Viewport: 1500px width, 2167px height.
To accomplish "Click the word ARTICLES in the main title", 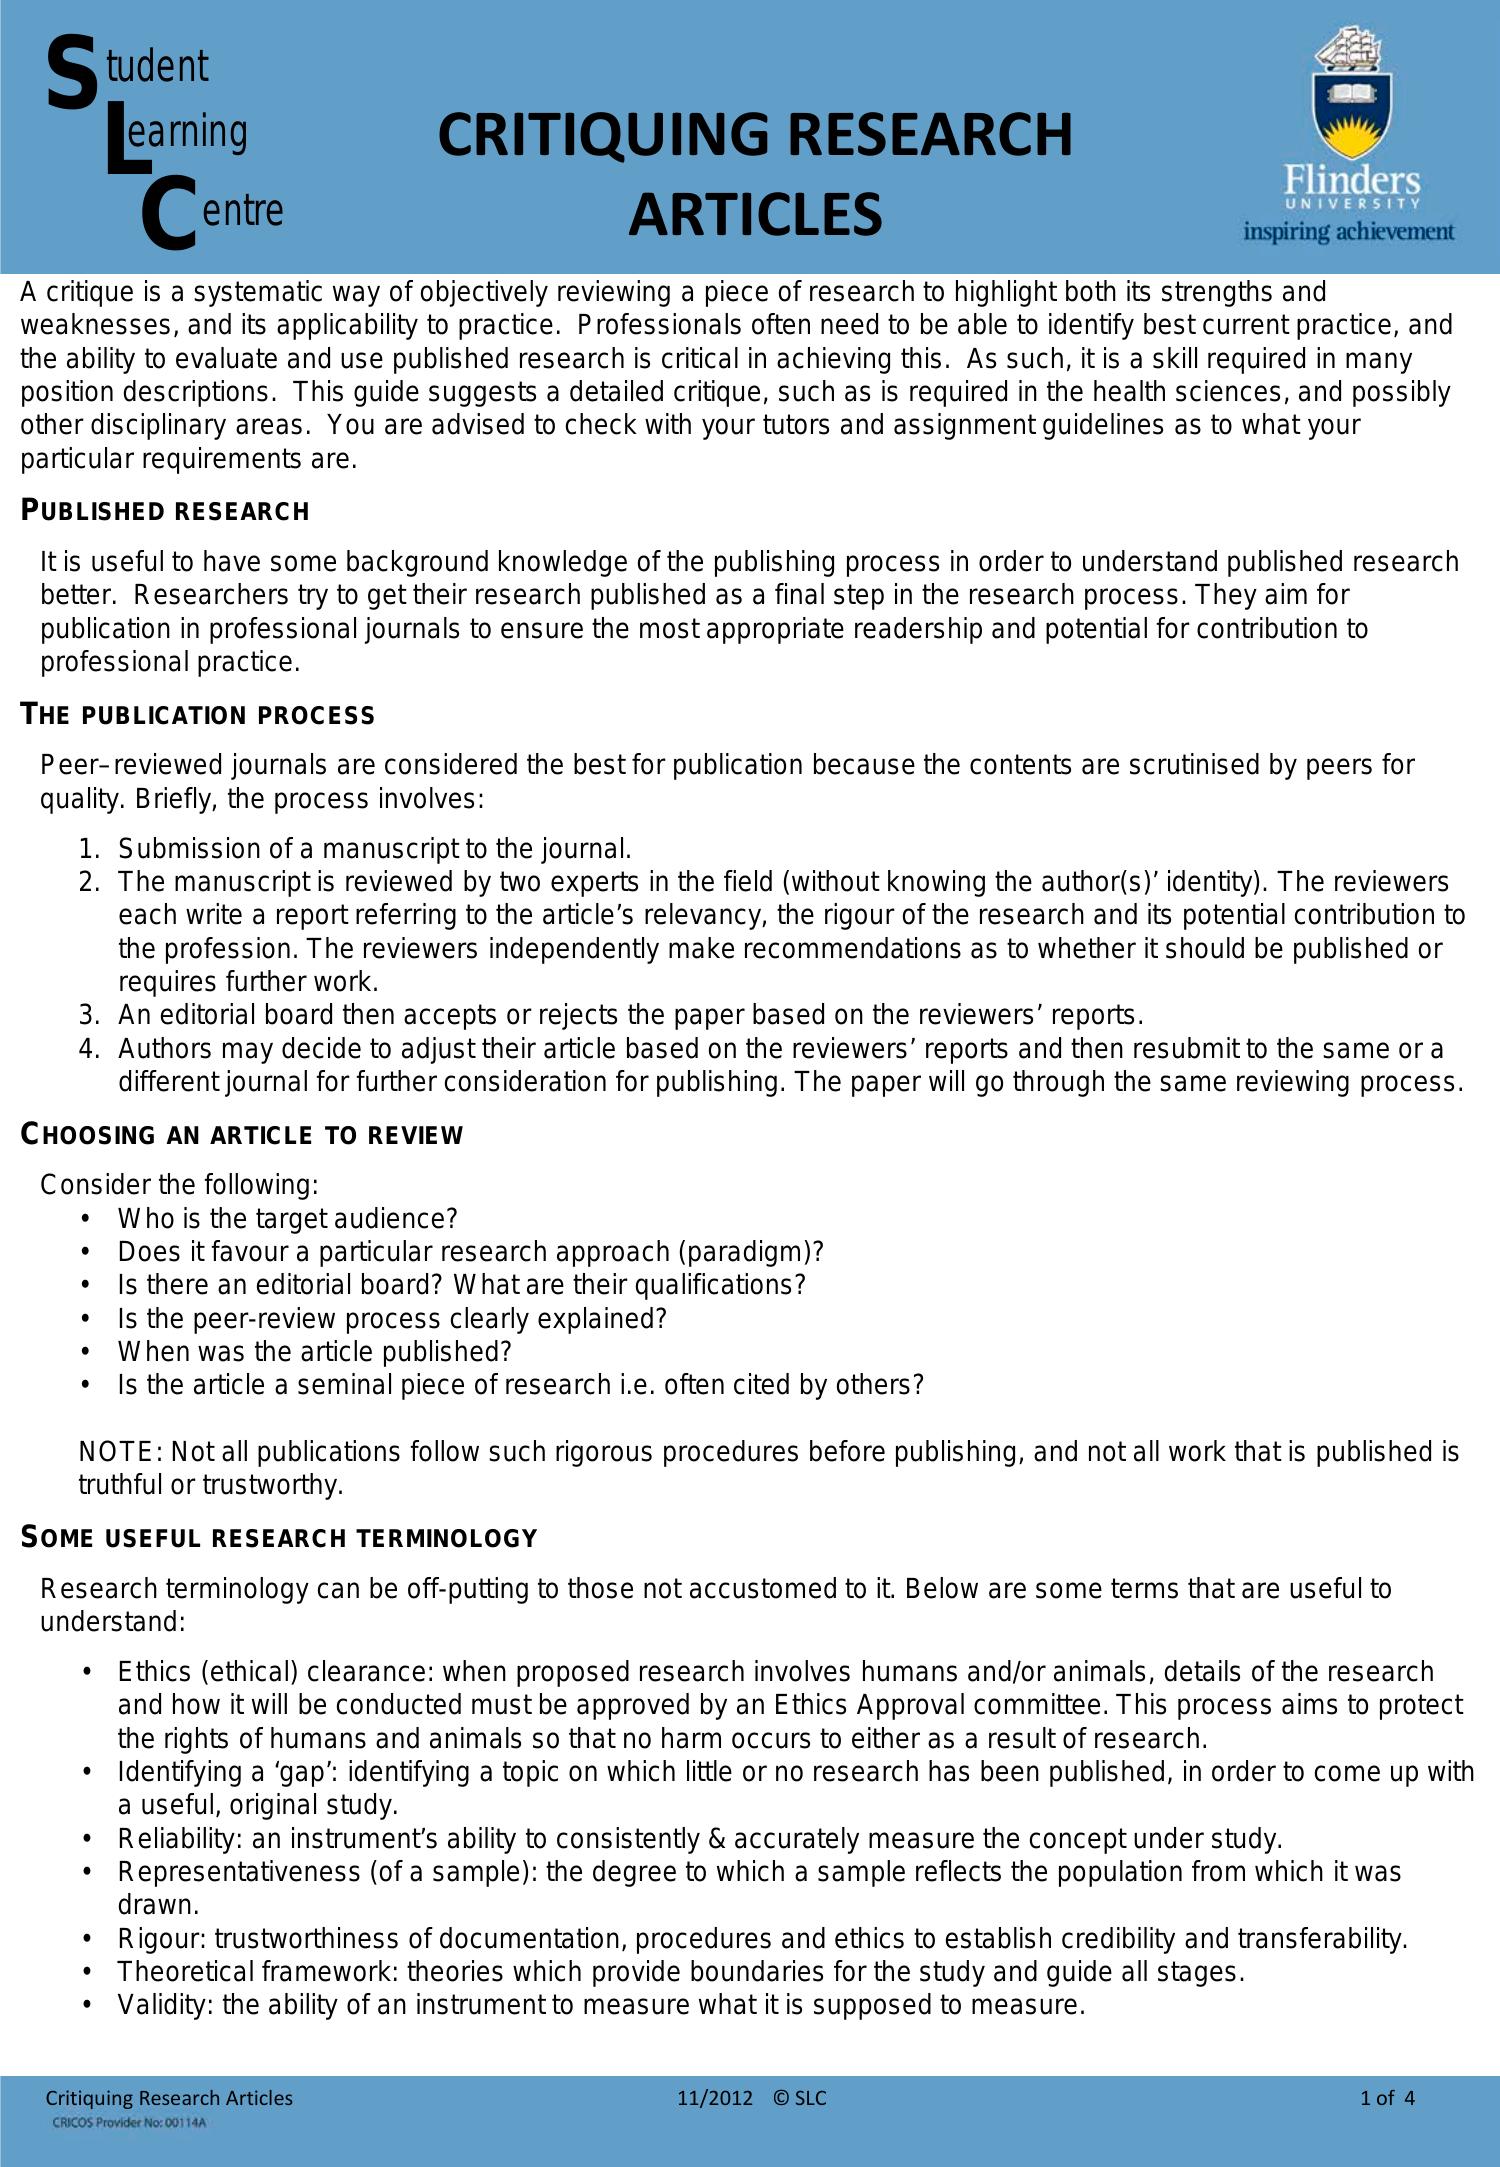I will click(755, 215).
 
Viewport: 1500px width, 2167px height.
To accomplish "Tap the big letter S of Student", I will click(70, 72).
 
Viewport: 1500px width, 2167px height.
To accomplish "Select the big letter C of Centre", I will click(166, 211).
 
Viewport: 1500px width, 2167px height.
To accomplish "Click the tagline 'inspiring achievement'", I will click(1348, 232).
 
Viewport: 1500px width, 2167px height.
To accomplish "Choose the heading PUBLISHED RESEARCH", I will click(166, 511).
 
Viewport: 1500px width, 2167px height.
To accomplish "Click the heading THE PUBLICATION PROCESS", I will click(198, 715).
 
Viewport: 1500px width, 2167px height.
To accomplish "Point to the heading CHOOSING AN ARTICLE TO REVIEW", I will click(242, 1135).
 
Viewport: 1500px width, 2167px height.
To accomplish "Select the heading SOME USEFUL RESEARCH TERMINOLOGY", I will click(279, 1538).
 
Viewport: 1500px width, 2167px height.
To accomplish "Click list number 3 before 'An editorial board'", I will click(88, 1016).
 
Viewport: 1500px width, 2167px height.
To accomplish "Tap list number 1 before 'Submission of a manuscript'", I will click(88, 849).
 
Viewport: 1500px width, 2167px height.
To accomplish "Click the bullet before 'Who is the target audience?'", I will click(88, 1219).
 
